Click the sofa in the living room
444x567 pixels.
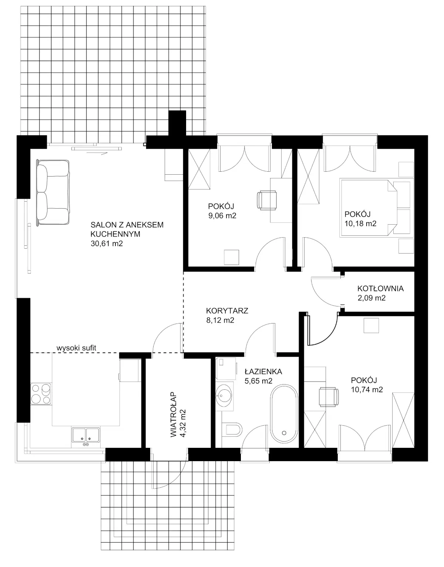[x=53, y=193]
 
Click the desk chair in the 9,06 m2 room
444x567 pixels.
[x=267, y=200]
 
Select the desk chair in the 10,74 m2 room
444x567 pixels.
[x=329, y=397]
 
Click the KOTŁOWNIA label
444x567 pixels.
[x=380, y=288]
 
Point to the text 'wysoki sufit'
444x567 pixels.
[x=77, y=348]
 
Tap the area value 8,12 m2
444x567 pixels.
[x=220, y=320]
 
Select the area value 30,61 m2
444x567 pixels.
[x=107, y=244]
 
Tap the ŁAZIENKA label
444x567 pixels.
[x=263, y=372]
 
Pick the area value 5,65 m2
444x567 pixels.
[x=258, y=381]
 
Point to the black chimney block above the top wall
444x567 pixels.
[x=177, y=123]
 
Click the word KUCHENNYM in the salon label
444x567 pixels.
[x=115, y=234]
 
